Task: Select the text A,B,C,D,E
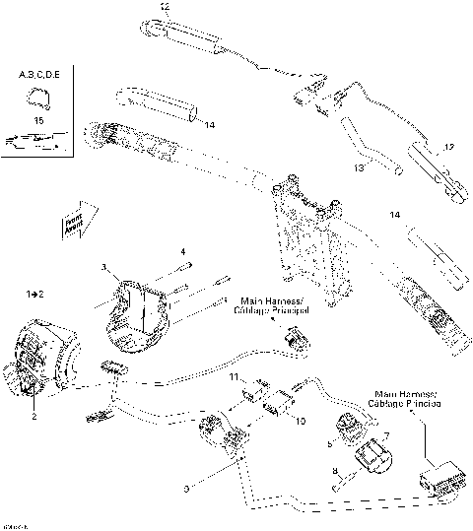38,74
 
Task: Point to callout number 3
104,267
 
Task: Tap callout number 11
235,377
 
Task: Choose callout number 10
301,421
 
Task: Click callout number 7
387,435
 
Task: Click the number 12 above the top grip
164,7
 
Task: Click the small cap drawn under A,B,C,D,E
37,96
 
